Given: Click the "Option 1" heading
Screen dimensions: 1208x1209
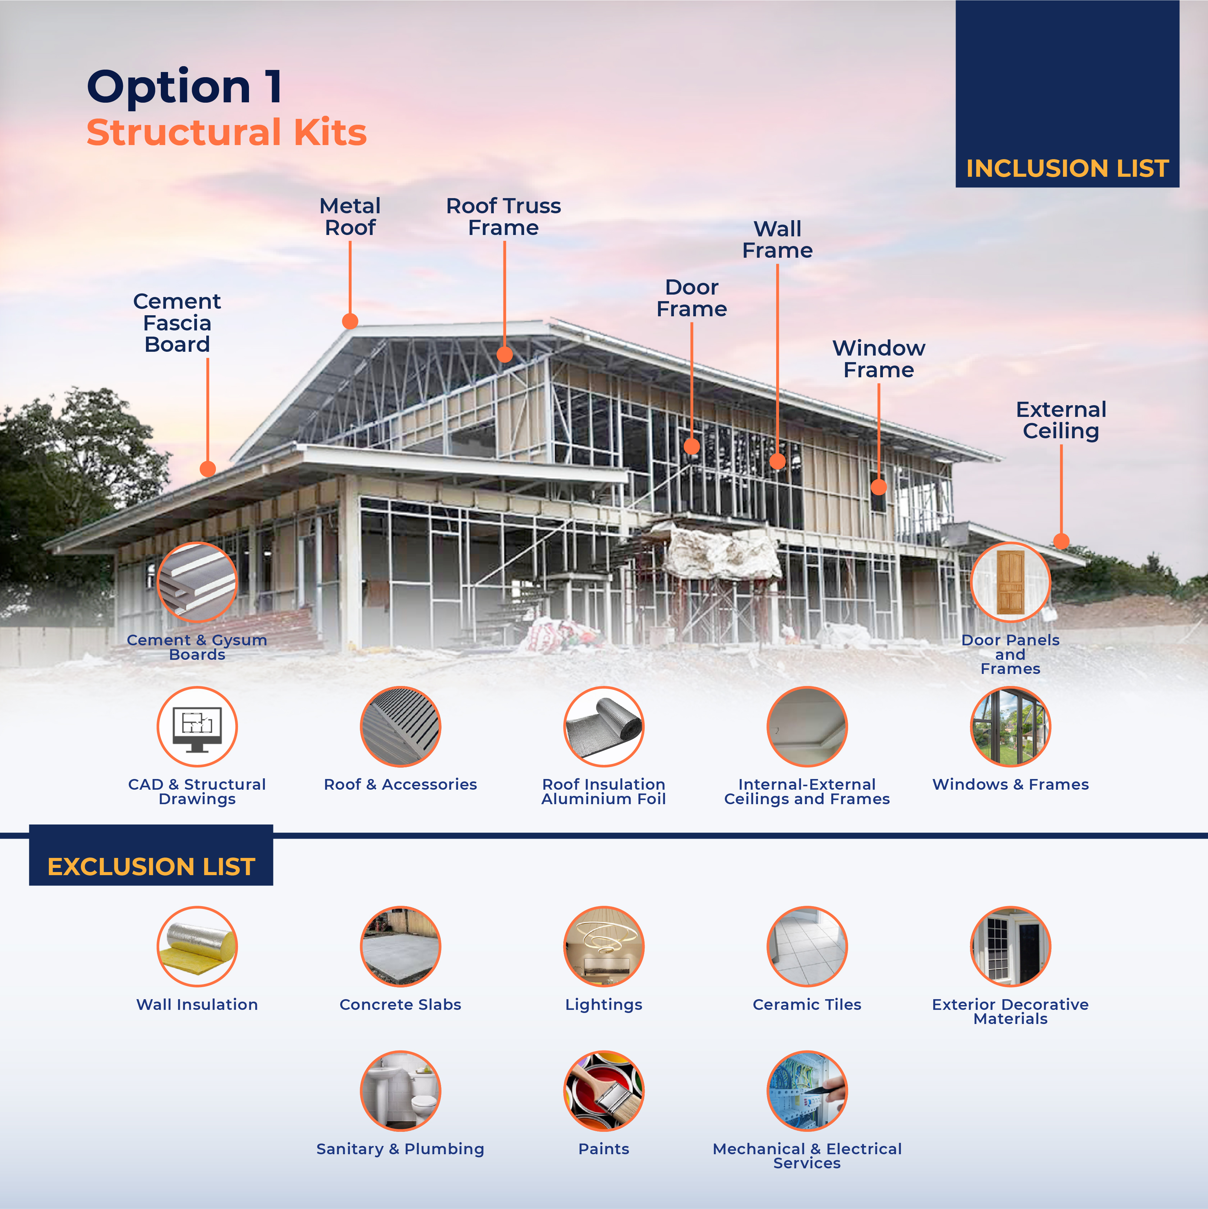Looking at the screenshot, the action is [x=185, y=88].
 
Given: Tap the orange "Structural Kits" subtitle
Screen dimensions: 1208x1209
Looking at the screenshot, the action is [x=227, y=133].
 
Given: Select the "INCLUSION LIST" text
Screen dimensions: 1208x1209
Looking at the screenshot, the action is [x=1067, y=168].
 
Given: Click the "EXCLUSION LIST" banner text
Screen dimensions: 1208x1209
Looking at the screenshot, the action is [x=152, y=867].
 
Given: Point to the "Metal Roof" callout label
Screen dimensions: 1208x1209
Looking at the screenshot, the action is [x=350, y=216].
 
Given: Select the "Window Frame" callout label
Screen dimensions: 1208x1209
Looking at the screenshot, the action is [x=878, y=359].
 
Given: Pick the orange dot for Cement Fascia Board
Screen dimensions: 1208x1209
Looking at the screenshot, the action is [x=208, y=469].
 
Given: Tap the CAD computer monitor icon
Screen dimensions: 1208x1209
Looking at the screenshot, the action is [x=197, y=727].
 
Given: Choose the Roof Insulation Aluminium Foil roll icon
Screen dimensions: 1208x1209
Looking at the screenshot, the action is [x=604, y=727].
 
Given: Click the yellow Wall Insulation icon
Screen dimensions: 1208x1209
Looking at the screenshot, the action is [x=197, y=946].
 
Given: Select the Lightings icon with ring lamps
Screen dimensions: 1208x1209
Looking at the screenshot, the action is [x=604, y=946].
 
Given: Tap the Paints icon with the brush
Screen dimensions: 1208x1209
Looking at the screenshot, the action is [x=604, y=1091].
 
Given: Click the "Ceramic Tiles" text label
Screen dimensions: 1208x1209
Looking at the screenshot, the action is [x=807, y=1004].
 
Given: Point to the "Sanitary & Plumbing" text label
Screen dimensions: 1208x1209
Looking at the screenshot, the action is [x=400, y=1149].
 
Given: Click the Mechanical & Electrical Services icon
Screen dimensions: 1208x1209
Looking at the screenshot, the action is [x=807, y=1091].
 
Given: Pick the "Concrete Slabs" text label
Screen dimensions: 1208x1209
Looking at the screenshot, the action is [x=400, y=1004].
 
